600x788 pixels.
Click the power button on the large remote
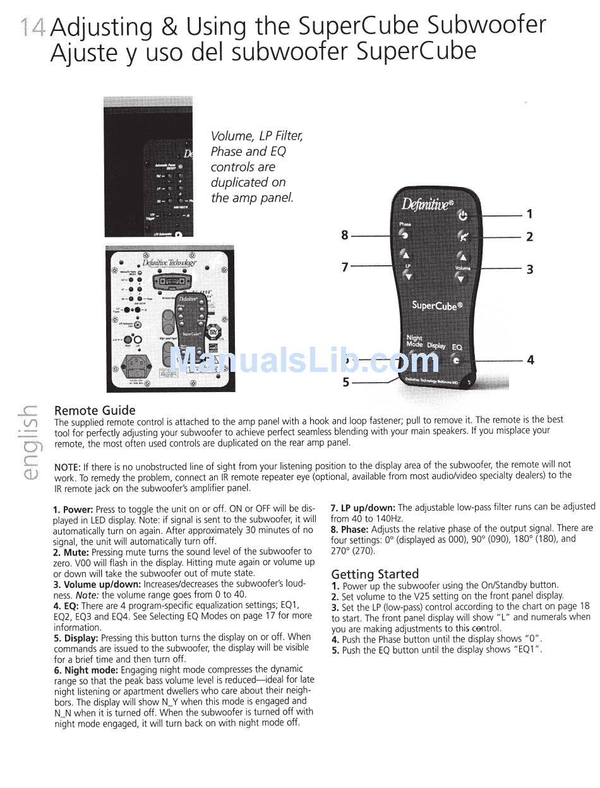point(463,216)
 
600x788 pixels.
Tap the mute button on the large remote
point(464,237)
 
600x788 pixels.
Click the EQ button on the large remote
point(456,361)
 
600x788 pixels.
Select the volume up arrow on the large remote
point(463,257)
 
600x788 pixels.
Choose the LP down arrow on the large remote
point(404,275)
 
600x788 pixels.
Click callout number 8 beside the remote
point(344,236)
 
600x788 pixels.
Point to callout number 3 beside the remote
point(530,270)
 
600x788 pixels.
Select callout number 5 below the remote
point(345,382)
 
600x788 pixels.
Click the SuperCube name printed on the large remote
point(437,306)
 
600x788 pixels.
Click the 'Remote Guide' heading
point(95,410)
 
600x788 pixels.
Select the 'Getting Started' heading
point(375,574)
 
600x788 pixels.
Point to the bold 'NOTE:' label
point(67,467)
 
